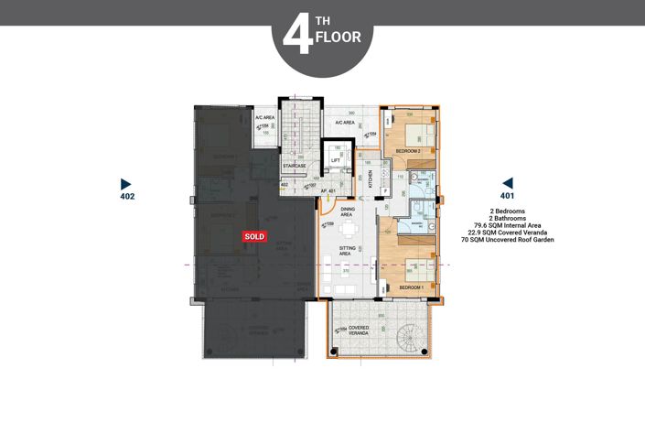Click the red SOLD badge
pyautogui.click(x=254, y=236)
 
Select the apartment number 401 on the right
pyautogui.click(x=507, y=196)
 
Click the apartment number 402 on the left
pyautogui.click(x=127, y=197)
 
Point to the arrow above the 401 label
pyautogui.click(x=508, y=182)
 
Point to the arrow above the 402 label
pyautogui.click(x=126, y=183)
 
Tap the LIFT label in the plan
pyautogui.click(x=336, y=160)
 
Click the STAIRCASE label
pyautogui.click(x=294, y=166)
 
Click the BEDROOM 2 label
pyautogui.click(x=408, y=150)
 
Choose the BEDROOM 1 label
pyautogui.click(x=412, y=287)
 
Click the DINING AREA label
pyautogui.click(x=348, y=211)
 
